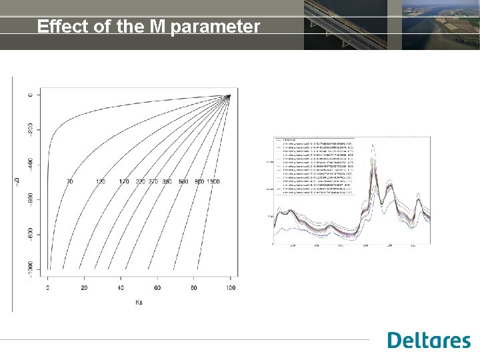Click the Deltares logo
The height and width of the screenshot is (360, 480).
[429, 340]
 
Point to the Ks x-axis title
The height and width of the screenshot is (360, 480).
[139, 302]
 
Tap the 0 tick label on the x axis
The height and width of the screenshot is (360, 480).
[48, 287]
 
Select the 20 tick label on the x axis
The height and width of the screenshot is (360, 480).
[84, 287]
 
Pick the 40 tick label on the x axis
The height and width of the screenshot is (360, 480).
[121, 287]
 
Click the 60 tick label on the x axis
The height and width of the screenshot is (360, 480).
[157, 287]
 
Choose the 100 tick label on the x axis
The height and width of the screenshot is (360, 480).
[230, 287]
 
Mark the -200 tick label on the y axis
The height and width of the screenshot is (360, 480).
[30, 129]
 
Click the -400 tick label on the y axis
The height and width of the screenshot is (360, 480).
[30, 164]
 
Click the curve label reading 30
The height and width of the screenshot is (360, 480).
[70, 181]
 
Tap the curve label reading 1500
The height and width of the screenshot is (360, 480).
[213, 181]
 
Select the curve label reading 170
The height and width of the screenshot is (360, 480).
[123, 181]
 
